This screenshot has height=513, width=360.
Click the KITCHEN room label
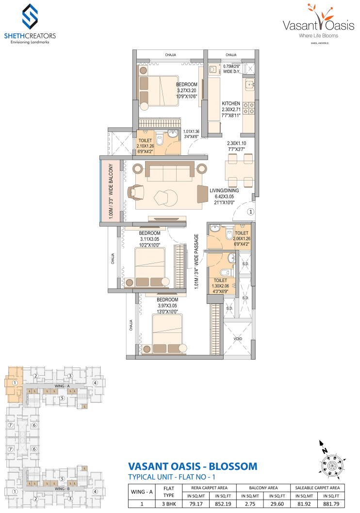[231, 104]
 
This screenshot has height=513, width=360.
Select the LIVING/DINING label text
[224, 191]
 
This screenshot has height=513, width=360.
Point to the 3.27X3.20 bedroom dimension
[187, 90]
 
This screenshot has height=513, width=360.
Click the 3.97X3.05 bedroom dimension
[167, 306]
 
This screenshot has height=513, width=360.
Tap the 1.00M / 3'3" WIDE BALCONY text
[111, 191]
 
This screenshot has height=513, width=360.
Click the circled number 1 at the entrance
[250, 212]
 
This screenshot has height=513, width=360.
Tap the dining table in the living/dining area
[239, 170]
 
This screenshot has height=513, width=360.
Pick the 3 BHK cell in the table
[169, 504]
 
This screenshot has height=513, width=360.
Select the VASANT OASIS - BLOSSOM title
[192, 466]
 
